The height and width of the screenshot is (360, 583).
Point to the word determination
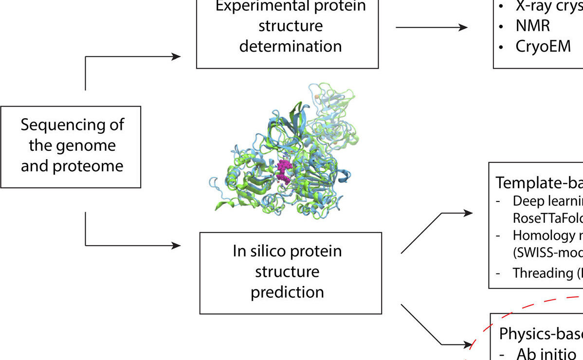click(290, 47)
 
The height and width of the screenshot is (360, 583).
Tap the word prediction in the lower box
click(287, 292)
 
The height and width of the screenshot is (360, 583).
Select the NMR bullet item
click(532, 26)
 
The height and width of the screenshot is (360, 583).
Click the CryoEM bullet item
click(543, 47)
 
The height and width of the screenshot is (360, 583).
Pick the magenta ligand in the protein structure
click(283, 172)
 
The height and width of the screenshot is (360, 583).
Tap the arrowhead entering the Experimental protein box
click(176, 57)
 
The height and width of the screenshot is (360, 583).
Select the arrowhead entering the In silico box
click(176, 246)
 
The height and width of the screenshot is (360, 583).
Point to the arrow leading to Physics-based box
click(433, 331)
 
